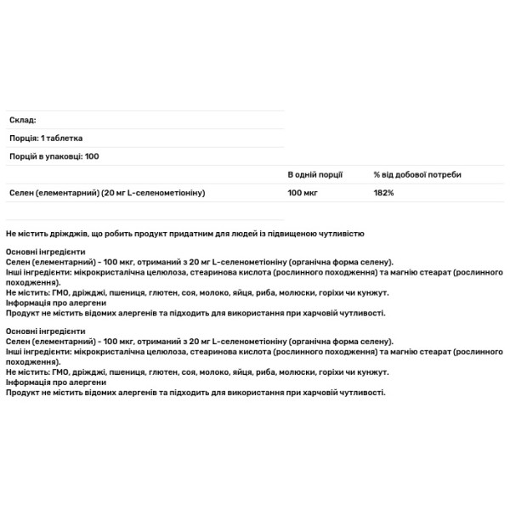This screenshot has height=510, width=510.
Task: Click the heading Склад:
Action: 21,121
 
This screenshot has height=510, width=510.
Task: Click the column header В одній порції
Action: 315,174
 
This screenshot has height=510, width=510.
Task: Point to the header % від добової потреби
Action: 417,174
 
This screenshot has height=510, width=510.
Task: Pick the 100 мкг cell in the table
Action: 303,193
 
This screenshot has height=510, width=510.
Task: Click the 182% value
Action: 383,193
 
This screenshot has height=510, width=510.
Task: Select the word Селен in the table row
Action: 20,193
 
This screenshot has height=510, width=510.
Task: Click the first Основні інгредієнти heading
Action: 46,252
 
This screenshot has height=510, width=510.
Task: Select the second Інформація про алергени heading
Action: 56,382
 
